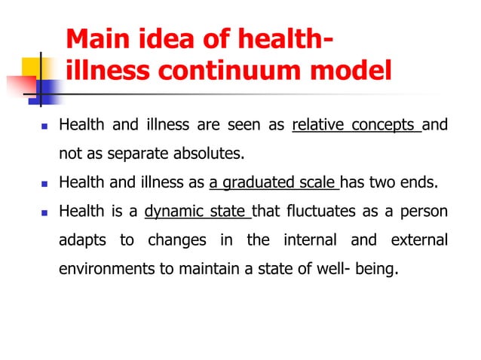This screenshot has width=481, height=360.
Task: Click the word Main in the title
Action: [x=96, y=40]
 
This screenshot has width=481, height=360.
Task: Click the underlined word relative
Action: [x=316, y=125]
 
